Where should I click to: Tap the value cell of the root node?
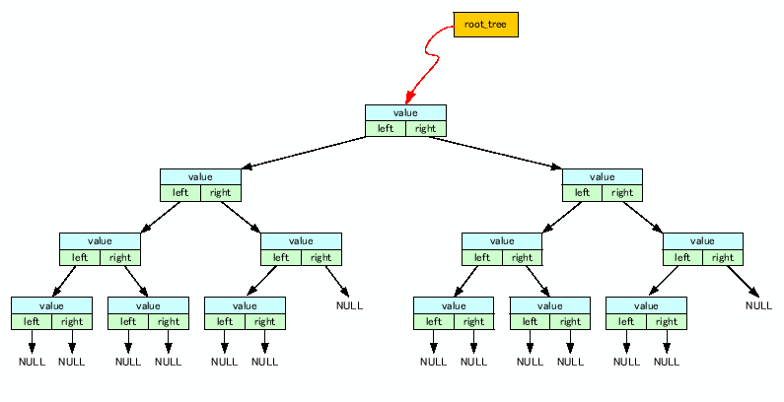pos(405,112)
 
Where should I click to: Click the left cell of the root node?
pos(385,128)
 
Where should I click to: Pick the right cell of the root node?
pos(425,128)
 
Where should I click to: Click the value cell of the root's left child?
pos(200,177)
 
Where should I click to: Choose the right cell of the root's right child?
pos(622,193)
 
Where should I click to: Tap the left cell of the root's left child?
pos(180,193)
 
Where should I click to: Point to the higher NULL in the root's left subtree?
pos(349,305)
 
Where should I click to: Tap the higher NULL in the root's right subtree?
pos(758,305)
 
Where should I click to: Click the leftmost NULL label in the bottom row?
pos(32,362)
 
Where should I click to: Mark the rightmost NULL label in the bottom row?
pos(667,362)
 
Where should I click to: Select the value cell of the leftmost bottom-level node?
pos(51,305)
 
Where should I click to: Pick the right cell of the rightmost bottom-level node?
pos(666,321)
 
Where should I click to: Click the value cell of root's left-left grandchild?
pos(100,241)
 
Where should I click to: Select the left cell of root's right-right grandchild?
pos(682,257)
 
